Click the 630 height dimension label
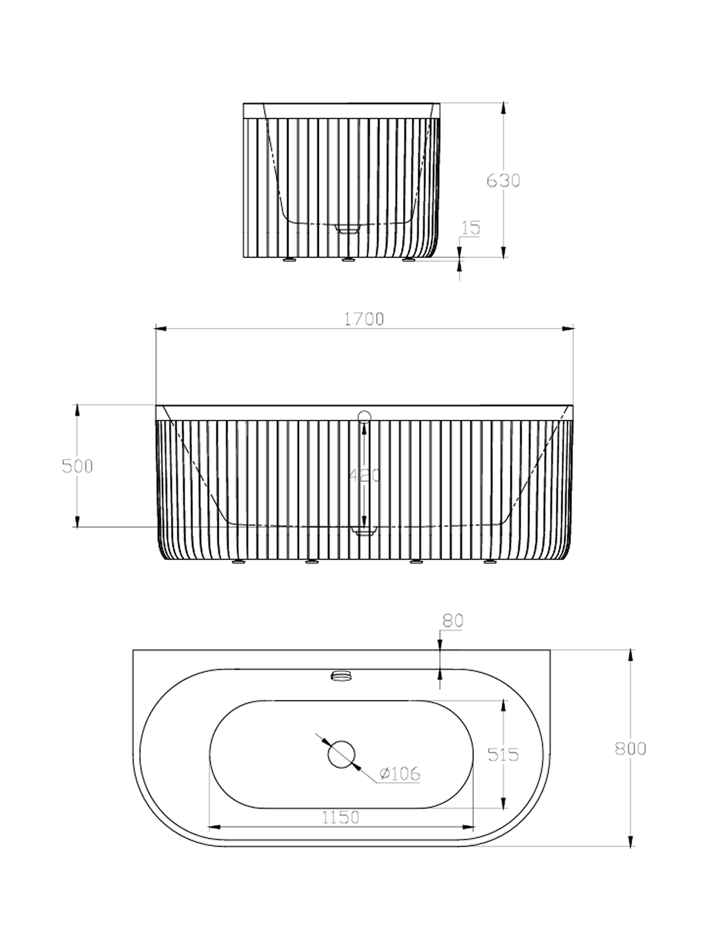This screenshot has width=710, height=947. pyautogui.click(x=503, y=181)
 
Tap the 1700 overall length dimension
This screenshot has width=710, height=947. pyautogui.click(x=364, y=319)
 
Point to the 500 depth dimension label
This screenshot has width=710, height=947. pyautogui.click(x=77, y=466)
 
